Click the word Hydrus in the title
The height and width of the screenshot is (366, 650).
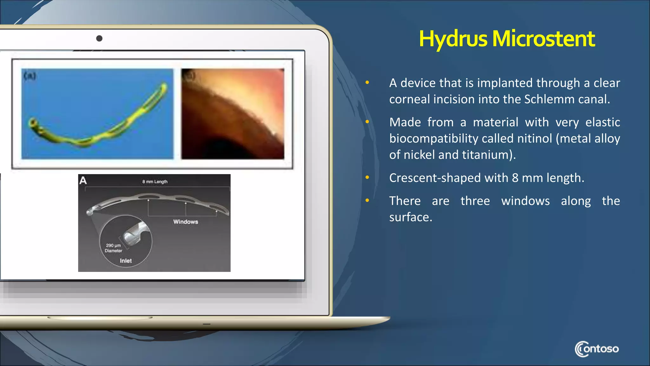[453, 39]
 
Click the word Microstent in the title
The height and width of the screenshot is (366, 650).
[543, 39]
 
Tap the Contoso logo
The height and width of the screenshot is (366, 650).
[596, 349]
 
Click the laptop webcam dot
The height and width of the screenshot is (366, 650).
[99, 38]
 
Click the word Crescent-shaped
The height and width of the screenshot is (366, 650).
[435, 178]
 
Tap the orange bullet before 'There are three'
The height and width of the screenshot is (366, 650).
[367, 200]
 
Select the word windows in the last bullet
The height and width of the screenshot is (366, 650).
[525, 201]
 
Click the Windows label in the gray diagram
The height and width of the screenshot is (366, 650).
[186, 222]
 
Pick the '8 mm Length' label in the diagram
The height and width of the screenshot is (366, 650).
[155, 182]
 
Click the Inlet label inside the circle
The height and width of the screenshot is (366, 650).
[126, 261]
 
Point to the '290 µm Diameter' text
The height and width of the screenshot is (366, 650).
[113, 248]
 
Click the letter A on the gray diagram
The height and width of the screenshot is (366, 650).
[83, 180]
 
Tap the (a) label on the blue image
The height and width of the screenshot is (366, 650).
[30, 76]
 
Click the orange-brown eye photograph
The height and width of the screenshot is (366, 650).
[233, 114]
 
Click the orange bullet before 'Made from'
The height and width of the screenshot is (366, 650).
[367, 122]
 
